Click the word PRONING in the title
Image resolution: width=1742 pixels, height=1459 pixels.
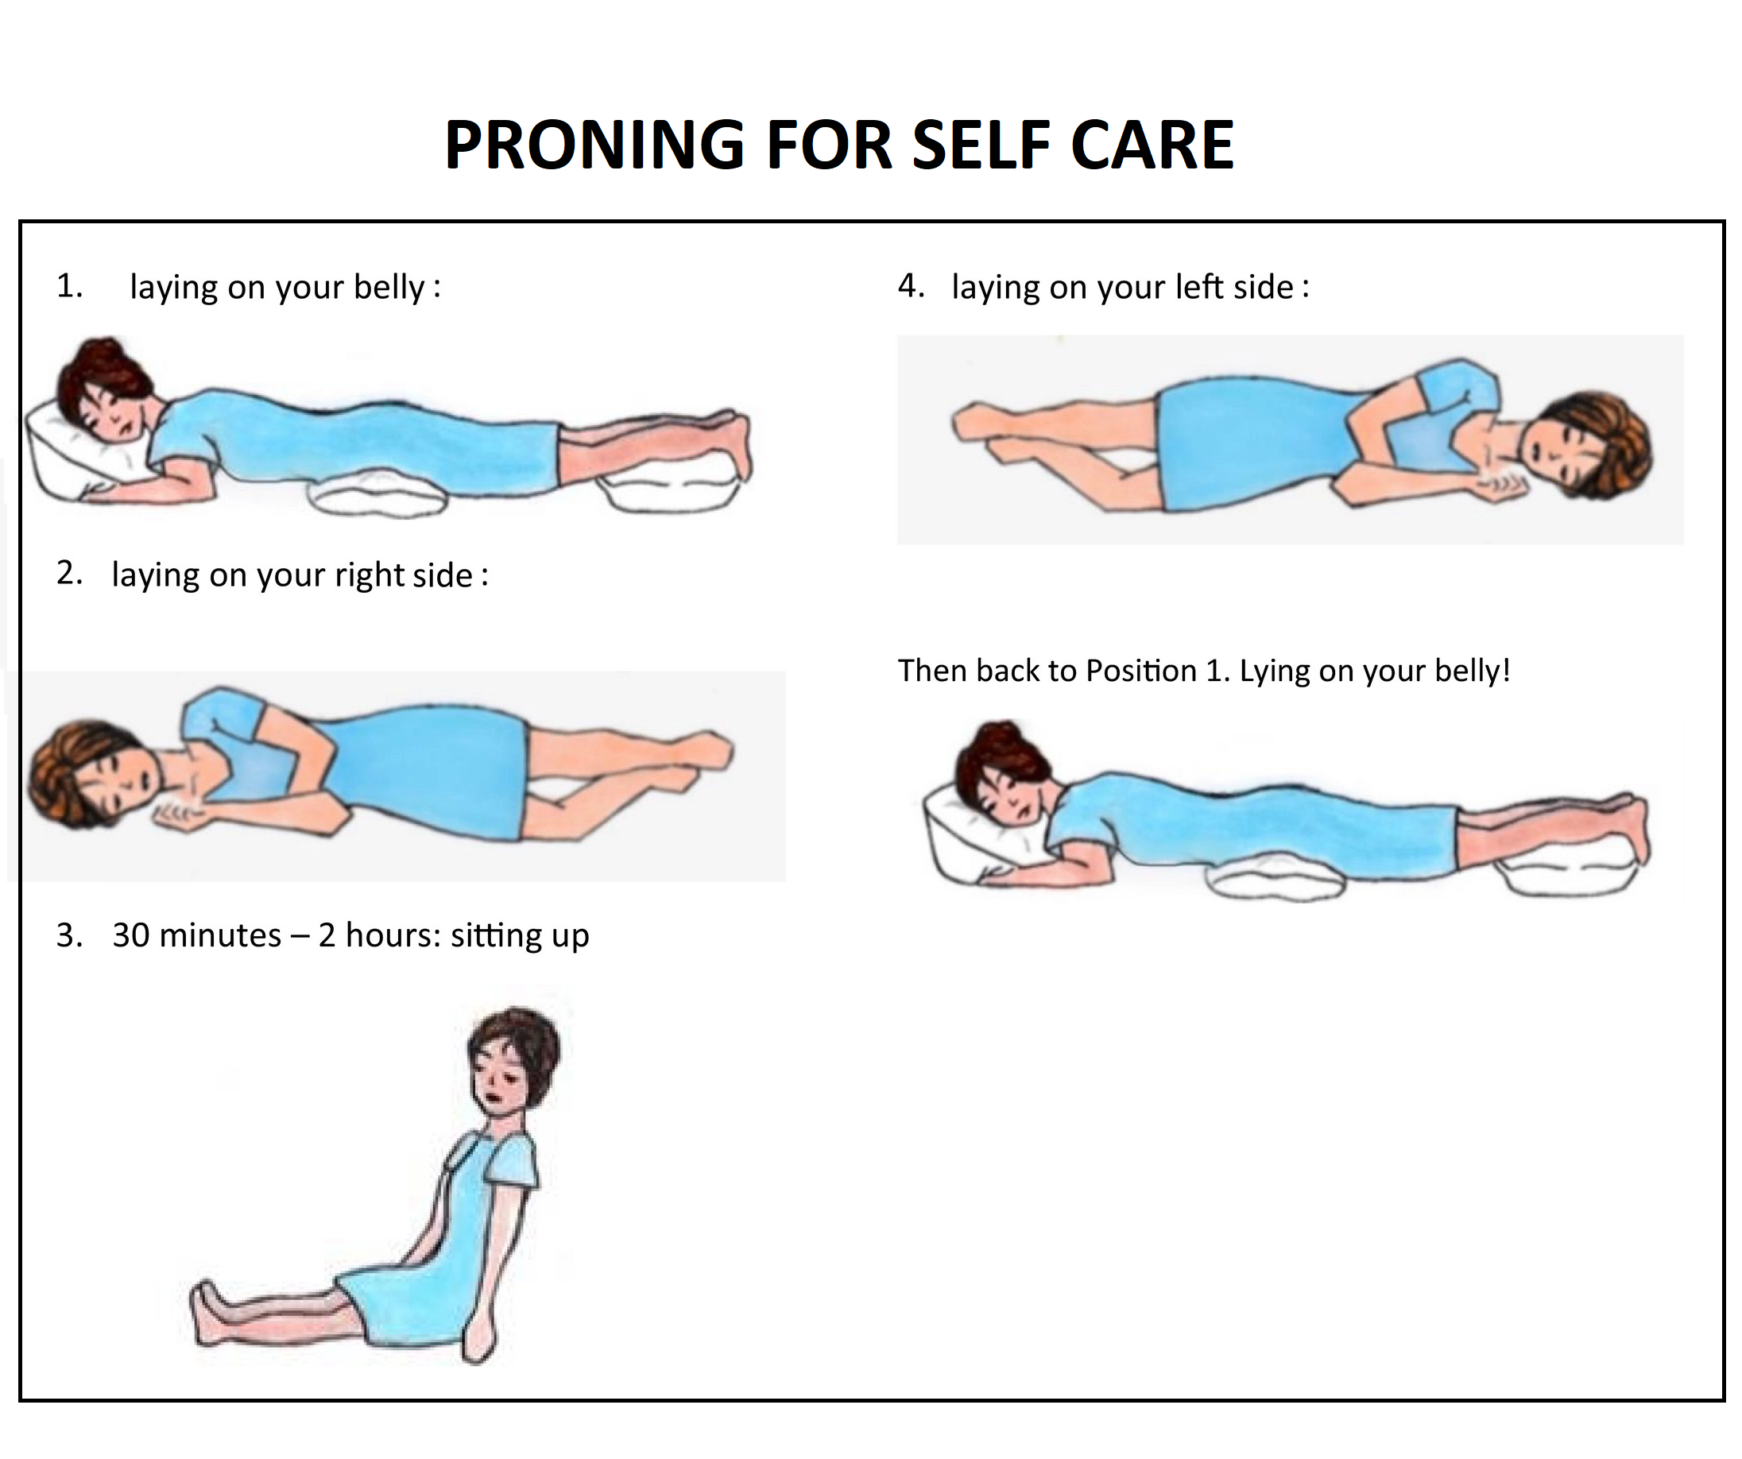tap(594, 145)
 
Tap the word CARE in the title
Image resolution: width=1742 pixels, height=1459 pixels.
tap(1152, 145)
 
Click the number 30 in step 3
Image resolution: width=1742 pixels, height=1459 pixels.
tap(131, 935)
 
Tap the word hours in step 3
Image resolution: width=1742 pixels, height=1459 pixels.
tap(389, 935)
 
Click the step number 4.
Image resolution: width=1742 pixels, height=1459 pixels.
tap(911, 286)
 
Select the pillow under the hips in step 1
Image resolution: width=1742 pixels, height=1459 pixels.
tap(377, 495)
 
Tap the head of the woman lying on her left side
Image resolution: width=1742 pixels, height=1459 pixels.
tap(1586, 444)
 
